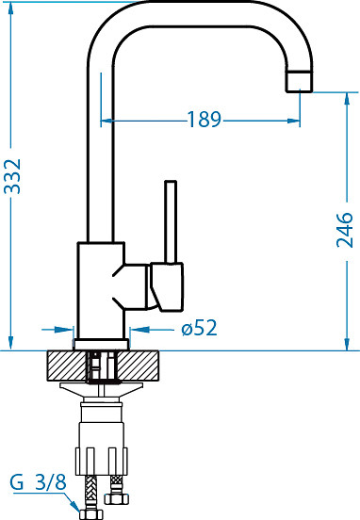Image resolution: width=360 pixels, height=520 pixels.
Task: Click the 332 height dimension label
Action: [12, 176]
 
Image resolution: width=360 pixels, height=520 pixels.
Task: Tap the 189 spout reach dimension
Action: [205, 119]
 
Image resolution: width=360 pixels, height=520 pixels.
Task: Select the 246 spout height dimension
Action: [345, 230]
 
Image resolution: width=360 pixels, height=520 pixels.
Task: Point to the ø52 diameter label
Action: [199, 328]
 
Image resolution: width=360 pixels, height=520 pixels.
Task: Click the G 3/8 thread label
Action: [38, 482]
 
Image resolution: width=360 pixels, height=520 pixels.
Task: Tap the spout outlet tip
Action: [300, 81]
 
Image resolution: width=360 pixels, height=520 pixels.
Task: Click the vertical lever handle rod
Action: [171, 221]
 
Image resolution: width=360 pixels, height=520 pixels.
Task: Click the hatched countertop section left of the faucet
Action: [66, 366]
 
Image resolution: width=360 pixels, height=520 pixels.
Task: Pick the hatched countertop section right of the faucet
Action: [139, 366]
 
